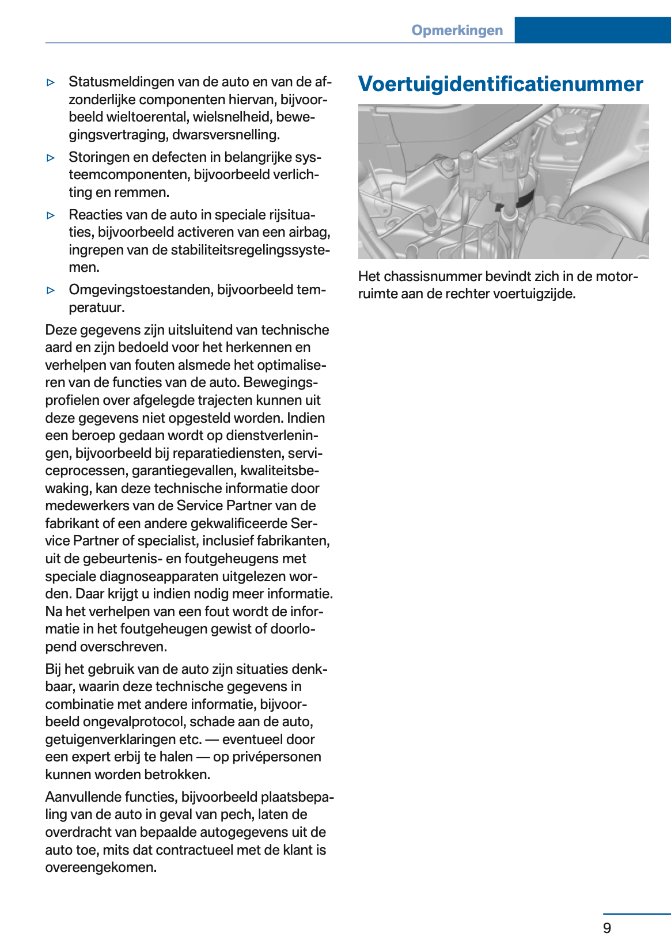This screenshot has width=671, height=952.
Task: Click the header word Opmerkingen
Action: pos(457,31)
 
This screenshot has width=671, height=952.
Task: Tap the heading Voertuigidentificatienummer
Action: pos(500,84)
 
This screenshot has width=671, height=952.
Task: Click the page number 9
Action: pos(606,928)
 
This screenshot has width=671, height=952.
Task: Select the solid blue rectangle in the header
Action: pos(592,30)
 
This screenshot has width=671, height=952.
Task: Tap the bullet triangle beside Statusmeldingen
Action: pos(51,82)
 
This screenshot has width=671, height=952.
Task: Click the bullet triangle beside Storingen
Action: pos(51,157)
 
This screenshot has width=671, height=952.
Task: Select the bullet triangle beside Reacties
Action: pos(51,215)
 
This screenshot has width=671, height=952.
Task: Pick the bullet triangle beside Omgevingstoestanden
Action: pos(51,290)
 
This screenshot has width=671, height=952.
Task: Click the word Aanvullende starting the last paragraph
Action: pos(81,797)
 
